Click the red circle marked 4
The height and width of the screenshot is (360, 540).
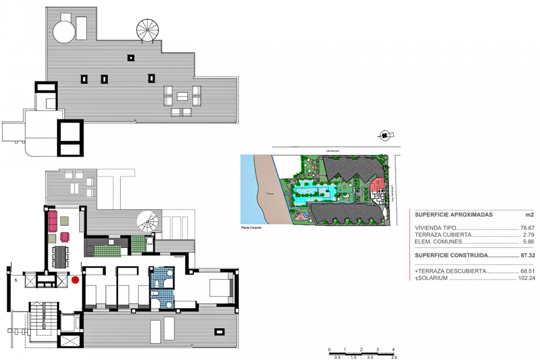coord(75,280)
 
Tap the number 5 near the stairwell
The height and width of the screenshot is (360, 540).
coord(16,280)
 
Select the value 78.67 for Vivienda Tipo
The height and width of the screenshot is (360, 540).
coord(527,228)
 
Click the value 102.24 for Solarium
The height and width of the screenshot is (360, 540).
coord(526,278)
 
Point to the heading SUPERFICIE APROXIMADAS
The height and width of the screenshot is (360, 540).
coord(454,215)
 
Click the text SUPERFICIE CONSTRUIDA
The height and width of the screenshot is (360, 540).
coord(451,255)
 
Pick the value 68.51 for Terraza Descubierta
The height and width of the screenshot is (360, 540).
coord(528,271)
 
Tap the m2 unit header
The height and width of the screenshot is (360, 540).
coord(530,215)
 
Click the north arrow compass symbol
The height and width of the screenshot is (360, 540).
coord(385,136)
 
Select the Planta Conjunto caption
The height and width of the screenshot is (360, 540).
coord(251,228)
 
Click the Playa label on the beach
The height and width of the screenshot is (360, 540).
coord(270,194)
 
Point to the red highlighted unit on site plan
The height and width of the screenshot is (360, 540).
coord(377,185)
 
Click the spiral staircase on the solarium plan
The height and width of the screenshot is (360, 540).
coord(147,30)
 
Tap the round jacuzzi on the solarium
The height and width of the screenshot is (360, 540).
coord(64,32)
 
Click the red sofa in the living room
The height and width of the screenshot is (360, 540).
coord(53,221)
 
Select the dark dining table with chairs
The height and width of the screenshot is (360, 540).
coord(60,257)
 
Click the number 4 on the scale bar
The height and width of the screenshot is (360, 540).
coord(393,350)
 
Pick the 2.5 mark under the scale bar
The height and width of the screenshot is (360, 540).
coord(370,357)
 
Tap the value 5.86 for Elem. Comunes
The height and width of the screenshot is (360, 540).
coord(529,242)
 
